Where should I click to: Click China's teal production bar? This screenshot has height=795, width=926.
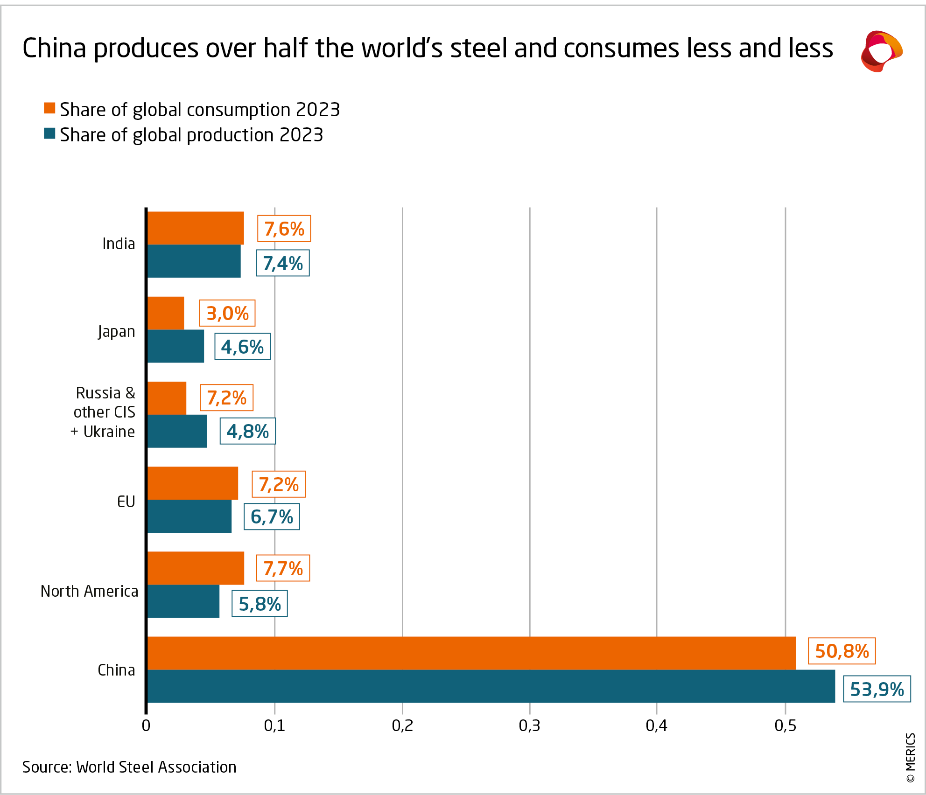(490, 686)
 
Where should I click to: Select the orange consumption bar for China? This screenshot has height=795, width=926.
(471, 653)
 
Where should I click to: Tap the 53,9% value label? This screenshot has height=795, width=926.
(877, 689)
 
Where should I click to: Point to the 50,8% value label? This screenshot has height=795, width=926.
(842, 651)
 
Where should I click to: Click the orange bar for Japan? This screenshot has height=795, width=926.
(166, 313)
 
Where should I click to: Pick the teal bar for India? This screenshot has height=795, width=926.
(194, 261)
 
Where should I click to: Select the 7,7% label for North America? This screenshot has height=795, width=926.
(283, 568)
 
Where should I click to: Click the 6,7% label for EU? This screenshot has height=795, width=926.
(272, 517)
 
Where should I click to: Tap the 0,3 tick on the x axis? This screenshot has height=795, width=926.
(529, 725)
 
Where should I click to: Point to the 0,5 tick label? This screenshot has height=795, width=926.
(785, 725)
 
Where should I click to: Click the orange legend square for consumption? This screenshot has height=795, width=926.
(49, 108)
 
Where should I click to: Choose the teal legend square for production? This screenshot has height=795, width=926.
(49, 134)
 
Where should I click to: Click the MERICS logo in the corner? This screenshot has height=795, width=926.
(881, 51)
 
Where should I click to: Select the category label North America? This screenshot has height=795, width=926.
(89, 591)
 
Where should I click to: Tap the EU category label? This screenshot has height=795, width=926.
(126, 502)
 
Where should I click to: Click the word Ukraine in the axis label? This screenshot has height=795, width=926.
(109, 432)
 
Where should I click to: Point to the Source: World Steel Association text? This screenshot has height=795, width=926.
(129, 767)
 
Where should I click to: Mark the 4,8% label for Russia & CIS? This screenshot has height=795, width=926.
(247, 432)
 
